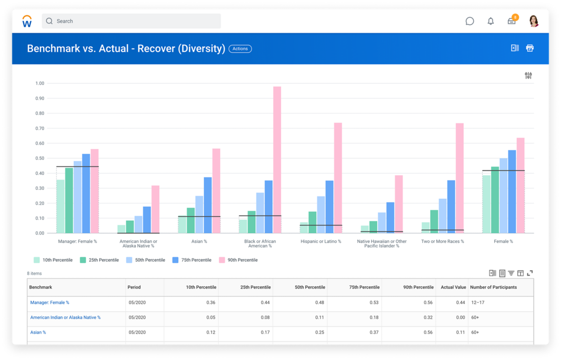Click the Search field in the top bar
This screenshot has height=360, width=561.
coord(131,21)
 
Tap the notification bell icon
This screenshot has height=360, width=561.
coord(490,21)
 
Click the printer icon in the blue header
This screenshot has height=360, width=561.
coord(530,48)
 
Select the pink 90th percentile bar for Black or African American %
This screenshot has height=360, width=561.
coord(277,160)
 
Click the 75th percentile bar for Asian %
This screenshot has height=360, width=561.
coord(208,205)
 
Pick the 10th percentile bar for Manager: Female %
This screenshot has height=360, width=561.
coord(60,206)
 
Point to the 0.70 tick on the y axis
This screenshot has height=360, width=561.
coord(40,128)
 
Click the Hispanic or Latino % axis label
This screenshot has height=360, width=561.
coord(320,242)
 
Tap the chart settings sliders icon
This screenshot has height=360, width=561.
coord(528,76)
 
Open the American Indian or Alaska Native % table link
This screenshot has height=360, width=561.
coord(65,317)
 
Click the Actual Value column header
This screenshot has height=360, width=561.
coord(453,287)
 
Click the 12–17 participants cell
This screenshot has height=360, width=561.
coord(478,302)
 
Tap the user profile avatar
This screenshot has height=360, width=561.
coord(534,21)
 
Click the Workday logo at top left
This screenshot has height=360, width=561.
coord(27,21)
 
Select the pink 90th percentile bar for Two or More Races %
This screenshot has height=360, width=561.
coord(460,178)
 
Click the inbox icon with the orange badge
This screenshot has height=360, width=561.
coord(512,21)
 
